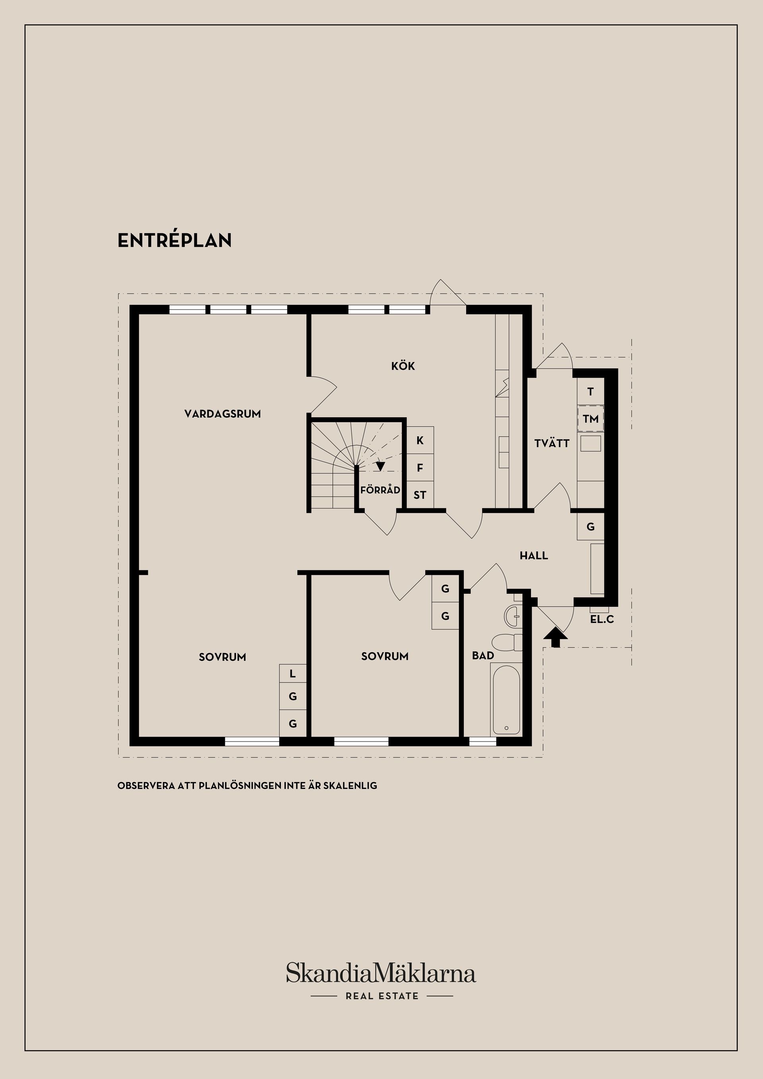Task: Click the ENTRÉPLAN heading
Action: [x=174, y=240]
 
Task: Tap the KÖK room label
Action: [x=403, y=366]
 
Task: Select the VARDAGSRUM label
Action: [x=222, y=414]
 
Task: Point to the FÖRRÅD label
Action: [x=380, y=490]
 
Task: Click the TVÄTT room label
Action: [x=552, y=443]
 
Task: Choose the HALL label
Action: [x=534, y=556]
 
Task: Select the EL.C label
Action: [x=602, y=620]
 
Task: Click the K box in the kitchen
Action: [x=420, y=440]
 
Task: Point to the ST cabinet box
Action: [x=420, y=495]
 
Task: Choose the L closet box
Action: [x=293, y=674]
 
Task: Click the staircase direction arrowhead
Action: [x=381, y=467]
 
